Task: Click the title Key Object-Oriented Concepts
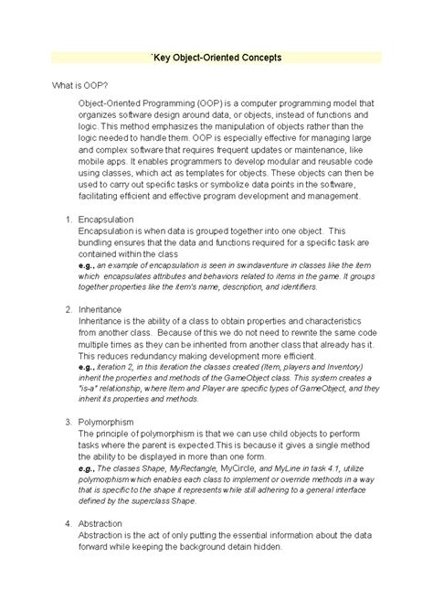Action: [216, 58]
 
